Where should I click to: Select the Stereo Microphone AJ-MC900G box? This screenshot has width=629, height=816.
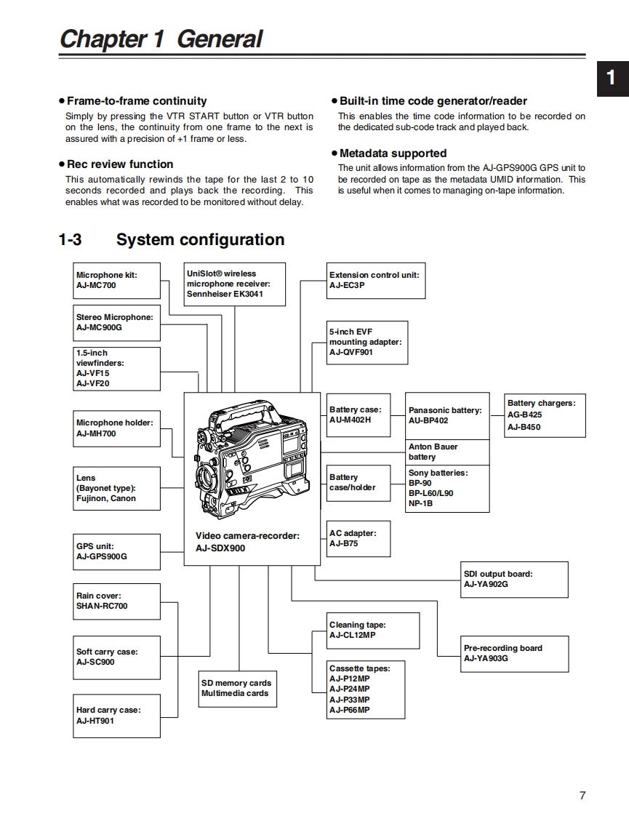116,322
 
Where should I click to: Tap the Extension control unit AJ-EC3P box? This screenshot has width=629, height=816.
376,280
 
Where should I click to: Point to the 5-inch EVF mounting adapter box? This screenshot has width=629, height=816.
366,342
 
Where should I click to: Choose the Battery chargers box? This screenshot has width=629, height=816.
545,415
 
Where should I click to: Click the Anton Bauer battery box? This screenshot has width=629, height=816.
447,452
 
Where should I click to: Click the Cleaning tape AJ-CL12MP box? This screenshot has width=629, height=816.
372,630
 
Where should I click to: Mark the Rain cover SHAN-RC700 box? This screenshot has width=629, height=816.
116,601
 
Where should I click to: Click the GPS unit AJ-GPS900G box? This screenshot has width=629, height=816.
116,552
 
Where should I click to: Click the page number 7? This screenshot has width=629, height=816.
582,795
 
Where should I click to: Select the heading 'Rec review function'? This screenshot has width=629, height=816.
120,164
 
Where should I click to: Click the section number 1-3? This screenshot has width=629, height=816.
70,240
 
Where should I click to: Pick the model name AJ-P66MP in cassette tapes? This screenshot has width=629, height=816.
350,710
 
